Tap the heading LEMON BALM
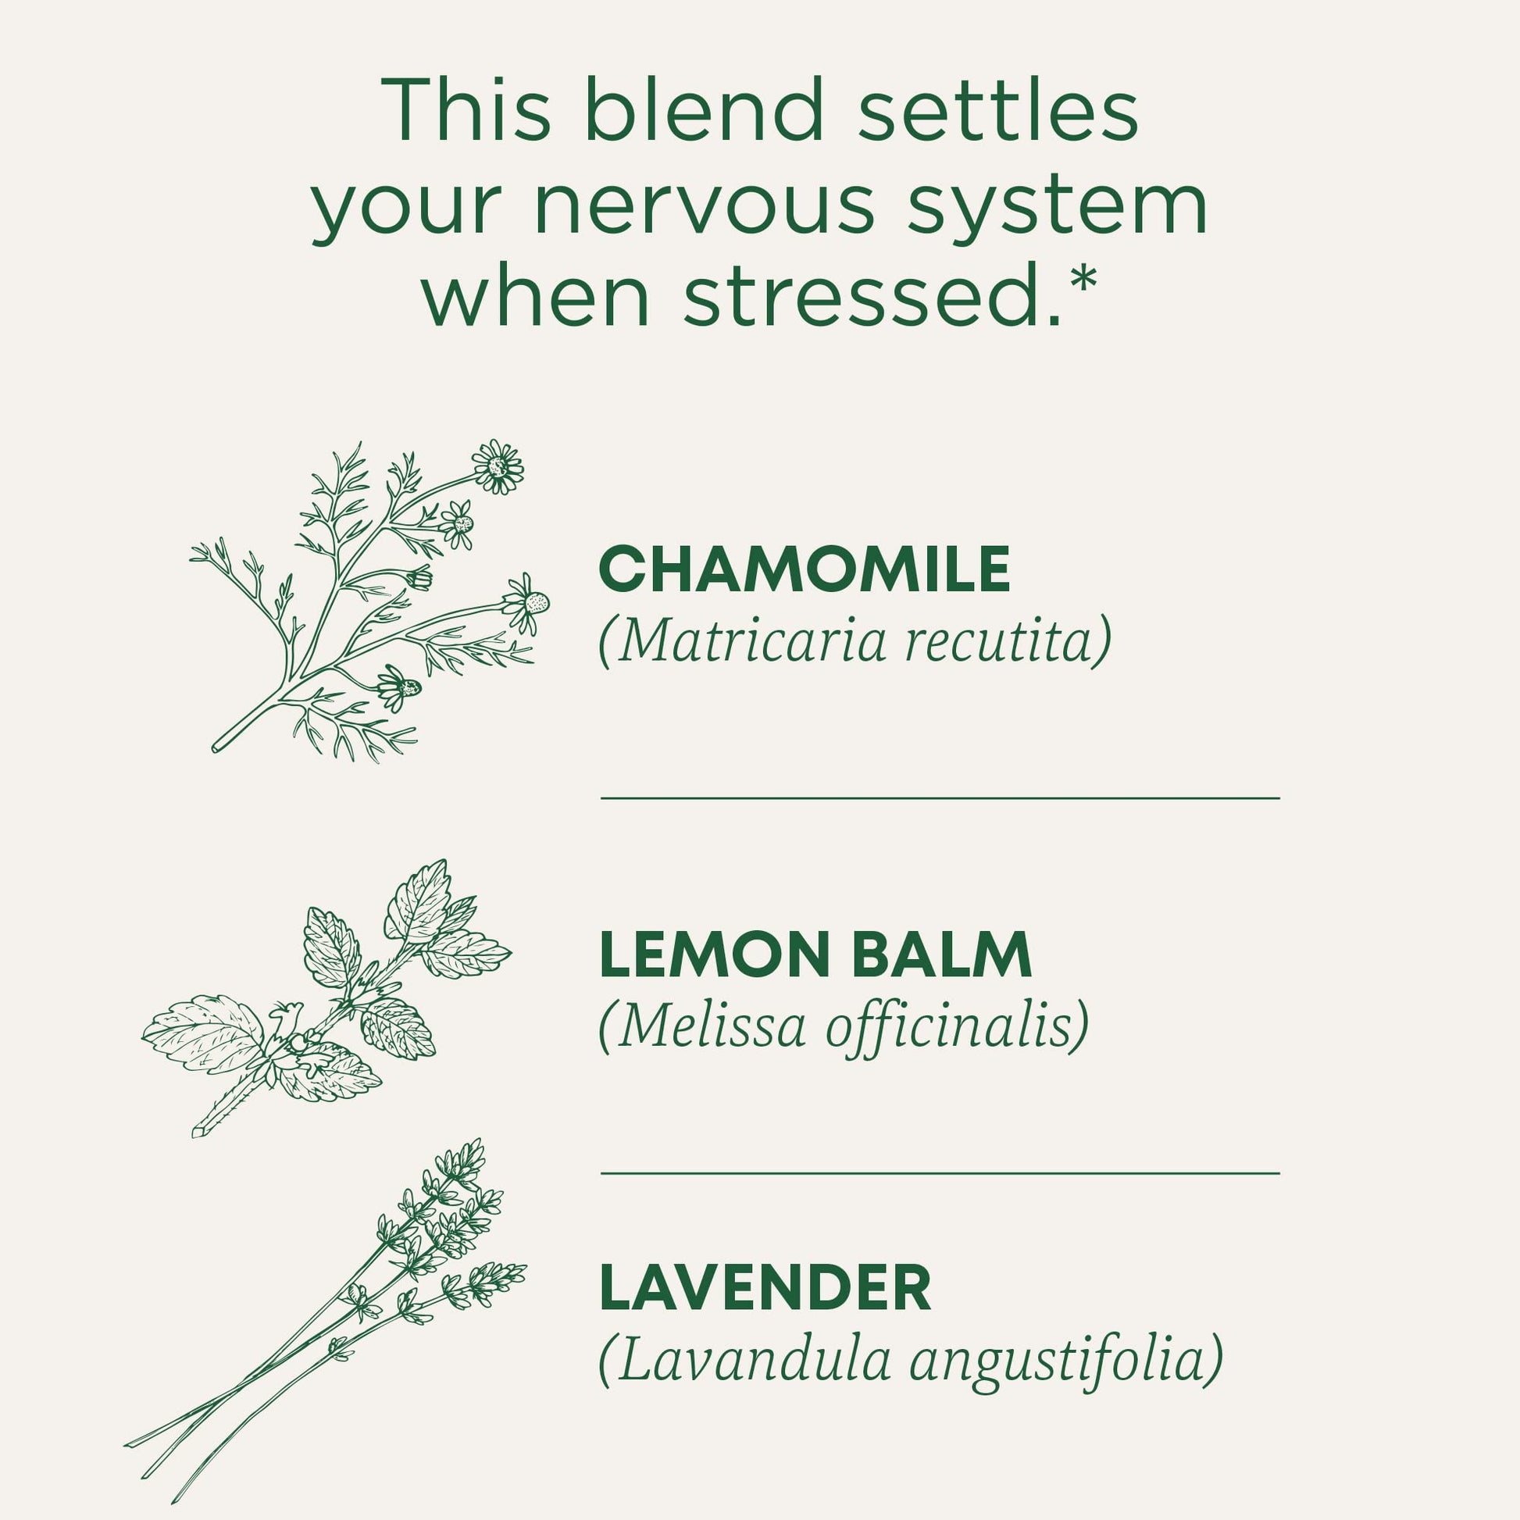pos(815,954)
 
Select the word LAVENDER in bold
pos(765,1287)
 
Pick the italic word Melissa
pos(712,1025)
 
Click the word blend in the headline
pos(704,110)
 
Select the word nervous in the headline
pos(704,206)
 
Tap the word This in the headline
pos(466,110)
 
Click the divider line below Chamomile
pos(940,797)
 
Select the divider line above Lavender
pos(940,1173)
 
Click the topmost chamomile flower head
pos(498,466)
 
